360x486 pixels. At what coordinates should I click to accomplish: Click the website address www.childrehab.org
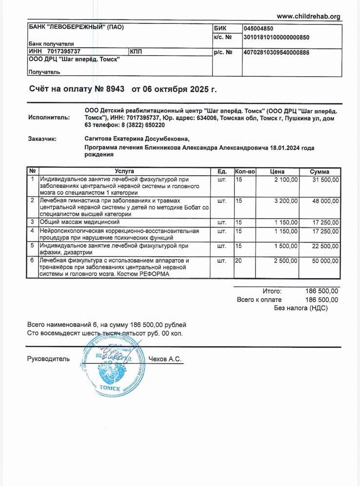(x=308, y=17)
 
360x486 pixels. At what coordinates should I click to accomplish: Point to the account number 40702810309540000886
(x=276, y=52)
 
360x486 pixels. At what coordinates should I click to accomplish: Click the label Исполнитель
(x=49, y=118)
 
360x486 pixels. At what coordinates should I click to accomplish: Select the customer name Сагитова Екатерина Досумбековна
(x=136, y=139)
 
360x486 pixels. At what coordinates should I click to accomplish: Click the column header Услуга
(x=124, y=172)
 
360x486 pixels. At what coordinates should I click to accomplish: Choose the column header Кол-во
(x=245, y=172)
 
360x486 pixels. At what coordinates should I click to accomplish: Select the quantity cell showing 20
(x=239, y=261)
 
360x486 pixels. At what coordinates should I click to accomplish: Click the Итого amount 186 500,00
(x=321, y=291)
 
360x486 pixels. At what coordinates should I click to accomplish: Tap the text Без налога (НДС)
(x=300, y=308)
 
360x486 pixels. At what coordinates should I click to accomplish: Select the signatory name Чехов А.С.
(x=168, y=359)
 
